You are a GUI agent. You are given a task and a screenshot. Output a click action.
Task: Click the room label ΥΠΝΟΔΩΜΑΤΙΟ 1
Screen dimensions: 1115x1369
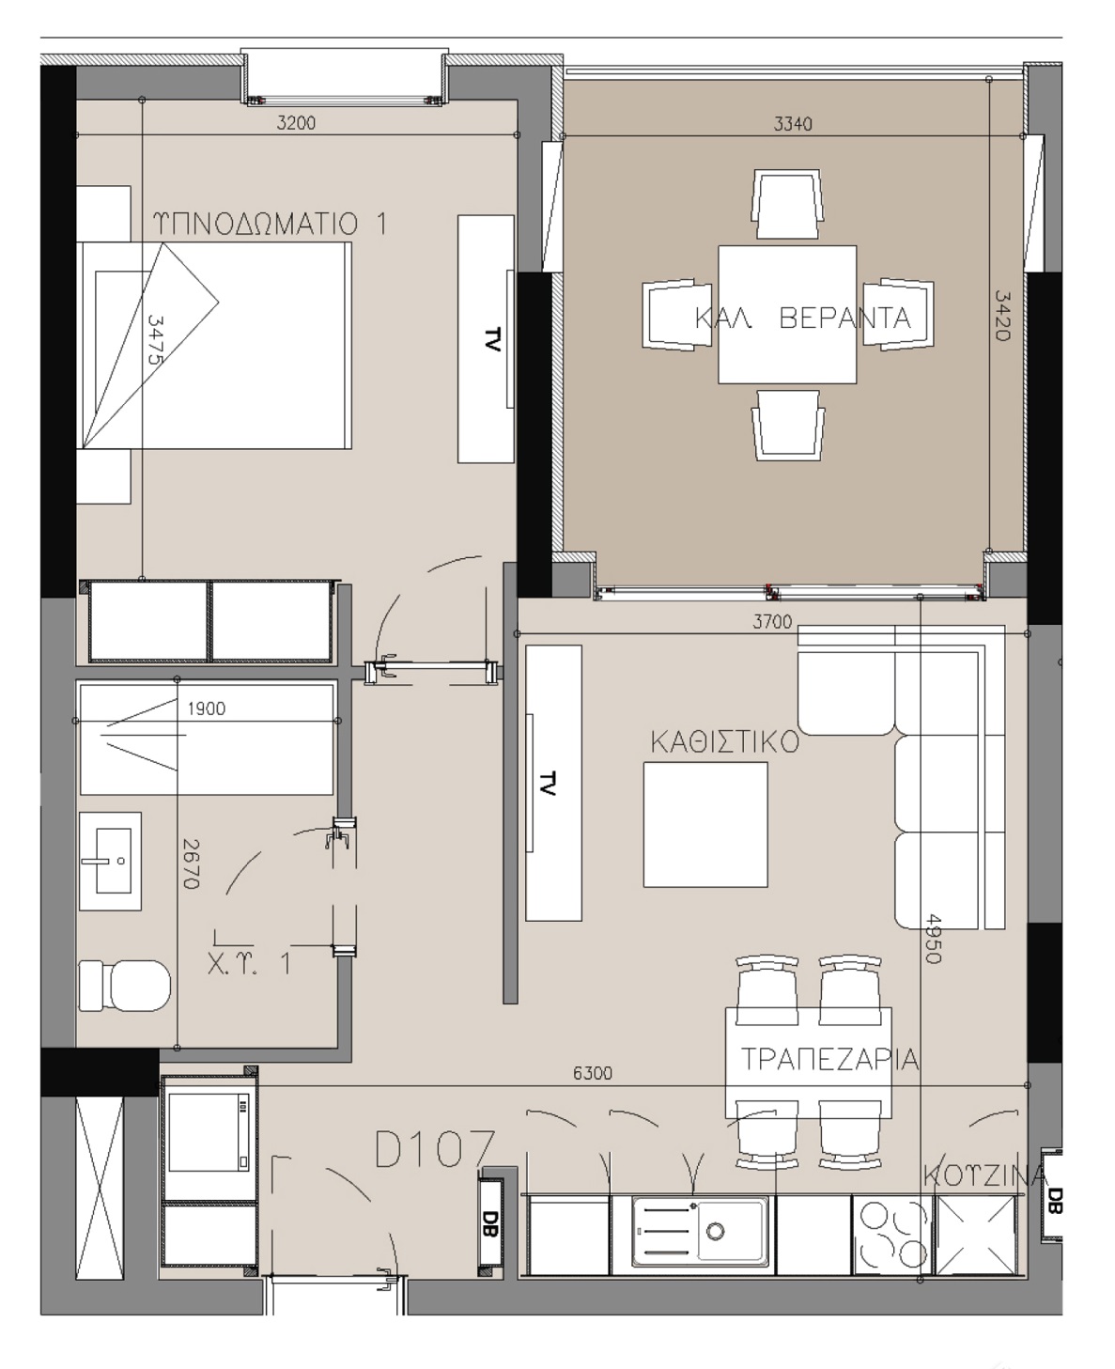[270, 224]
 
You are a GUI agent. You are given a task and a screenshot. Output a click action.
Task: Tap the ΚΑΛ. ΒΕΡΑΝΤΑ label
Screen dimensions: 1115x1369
[803, 319]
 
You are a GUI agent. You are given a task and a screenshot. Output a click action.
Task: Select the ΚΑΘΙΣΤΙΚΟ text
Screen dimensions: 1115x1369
[725, 742]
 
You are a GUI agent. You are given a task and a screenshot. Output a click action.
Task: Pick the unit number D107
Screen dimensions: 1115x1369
[434, 1149]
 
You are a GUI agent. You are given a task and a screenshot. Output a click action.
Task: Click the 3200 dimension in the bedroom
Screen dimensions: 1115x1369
[296, 123]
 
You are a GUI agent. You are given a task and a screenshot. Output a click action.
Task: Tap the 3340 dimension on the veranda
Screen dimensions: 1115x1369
[793, 123]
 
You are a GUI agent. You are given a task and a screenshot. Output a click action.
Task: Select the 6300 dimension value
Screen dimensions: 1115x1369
[593, 1073]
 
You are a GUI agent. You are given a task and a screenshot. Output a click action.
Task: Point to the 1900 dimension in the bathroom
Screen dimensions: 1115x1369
[207, 708]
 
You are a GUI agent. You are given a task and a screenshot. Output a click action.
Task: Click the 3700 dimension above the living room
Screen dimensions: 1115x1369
[772, 621]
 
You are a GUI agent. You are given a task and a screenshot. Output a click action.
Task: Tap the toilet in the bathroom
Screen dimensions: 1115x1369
[125, 986]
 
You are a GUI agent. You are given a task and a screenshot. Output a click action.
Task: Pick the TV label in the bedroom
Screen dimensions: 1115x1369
[491, 339]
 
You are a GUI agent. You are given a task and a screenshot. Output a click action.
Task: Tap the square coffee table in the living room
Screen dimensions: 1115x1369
[705, 825]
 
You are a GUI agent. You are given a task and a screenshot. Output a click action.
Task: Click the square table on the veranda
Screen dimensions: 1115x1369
[787, 314]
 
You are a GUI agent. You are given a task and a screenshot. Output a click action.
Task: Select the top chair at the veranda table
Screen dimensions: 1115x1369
[787, 205]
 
